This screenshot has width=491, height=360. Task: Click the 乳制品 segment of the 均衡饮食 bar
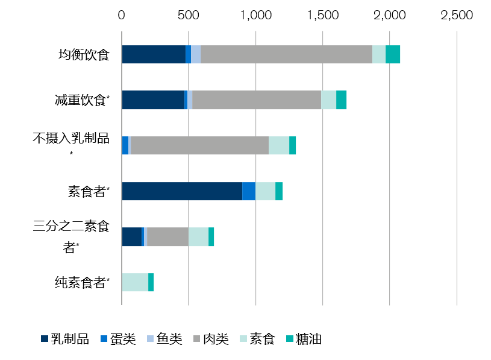[153, 54]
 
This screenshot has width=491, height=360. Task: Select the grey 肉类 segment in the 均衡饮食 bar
[286, 54]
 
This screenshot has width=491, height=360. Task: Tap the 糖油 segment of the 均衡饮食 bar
[393, 54]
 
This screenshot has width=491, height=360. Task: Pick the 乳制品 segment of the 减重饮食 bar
[152, 100]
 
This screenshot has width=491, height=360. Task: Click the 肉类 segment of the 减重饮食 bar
[257, 100]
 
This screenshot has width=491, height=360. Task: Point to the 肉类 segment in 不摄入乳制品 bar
[199, 145]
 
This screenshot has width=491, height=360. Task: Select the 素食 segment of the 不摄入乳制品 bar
[279, 145]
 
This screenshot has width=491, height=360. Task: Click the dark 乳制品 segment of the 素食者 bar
[182, 191]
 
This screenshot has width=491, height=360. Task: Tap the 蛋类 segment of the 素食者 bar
[249, 191]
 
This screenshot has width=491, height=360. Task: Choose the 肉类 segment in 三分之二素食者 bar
[167, 236]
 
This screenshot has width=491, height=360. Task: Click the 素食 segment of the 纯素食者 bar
[135, 282]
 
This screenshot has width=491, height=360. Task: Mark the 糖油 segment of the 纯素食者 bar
[151, 282]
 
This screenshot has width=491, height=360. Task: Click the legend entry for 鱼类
[163, 339]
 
